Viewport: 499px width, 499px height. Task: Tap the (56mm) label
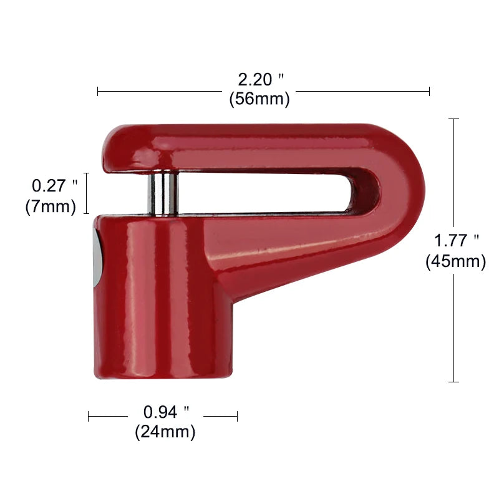coord(259,99)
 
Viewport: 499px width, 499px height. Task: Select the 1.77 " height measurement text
coord(457,241)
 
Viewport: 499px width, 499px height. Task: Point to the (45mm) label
coord(456,261)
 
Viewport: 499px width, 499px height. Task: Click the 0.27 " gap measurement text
coord(54,185)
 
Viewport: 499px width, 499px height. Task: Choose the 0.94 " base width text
coord(166,412)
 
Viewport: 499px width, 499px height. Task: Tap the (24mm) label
coord(165,431)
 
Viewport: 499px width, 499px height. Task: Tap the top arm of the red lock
coord(249,147)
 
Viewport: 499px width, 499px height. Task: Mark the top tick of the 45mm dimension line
coord(454,119)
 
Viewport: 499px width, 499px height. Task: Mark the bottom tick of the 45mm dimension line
coord(454,381)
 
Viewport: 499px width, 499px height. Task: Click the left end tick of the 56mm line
coord(98,91)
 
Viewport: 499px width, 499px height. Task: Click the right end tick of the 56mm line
coord(429,91)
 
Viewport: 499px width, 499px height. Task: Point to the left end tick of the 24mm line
coord(89,415)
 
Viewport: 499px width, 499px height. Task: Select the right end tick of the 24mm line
coord(237,415)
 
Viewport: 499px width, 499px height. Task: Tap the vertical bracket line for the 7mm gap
coord(86,193)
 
